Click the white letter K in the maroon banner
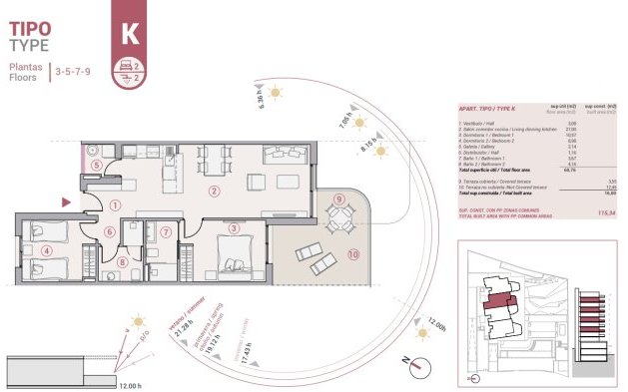pyautogui.click(x=130, y=33)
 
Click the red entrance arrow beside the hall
pyautogui.click(x=67, y=202)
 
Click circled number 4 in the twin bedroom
pyautogui.click(x=46, y=250)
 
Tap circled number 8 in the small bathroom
pyautogui.click(x=122, y=263)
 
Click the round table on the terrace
pyautogui.click(x=340, y=217)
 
